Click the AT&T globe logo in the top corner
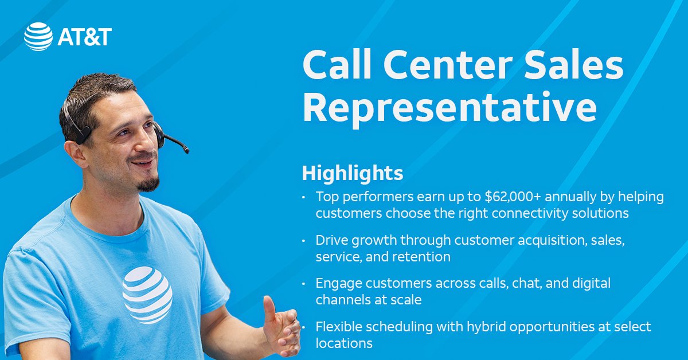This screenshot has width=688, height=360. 38,37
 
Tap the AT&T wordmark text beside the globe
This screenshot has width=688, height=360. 84,37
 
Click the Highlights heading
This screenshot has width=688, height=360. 352,173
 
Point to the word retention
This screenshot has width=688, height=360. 421,257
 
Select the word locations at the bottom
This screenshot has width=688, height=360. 344,343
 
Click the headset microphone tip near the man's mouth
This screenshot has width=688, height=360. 185,150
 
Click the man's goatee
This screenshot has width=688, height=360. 148,183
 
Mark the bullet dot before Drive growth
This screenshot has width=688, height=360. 304,241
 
